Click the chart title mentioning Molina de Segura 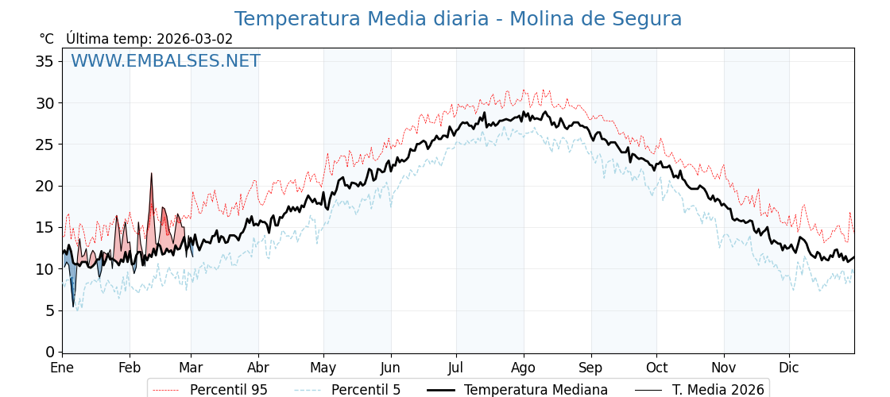coord(458,19)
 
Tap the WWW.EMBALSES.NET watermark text coord(165,61)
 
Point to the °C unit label coord(46,39)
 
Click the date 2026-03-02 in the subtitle coord(195,39)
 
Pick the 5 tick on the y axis coord(49,310)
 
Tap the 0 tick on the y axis coord(49,352)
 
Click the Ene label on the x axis coord(62,368)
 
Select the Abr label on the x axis coord(258,368)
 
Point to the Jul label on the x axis coord(456,368)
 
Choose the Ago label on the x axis coord(523,368)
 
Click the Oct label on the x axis coord(656,368)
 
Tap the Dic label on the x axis coord(789,368)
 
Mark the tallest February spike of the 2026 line coord(152,174)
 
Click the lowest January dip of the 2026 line coord(73,306)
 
